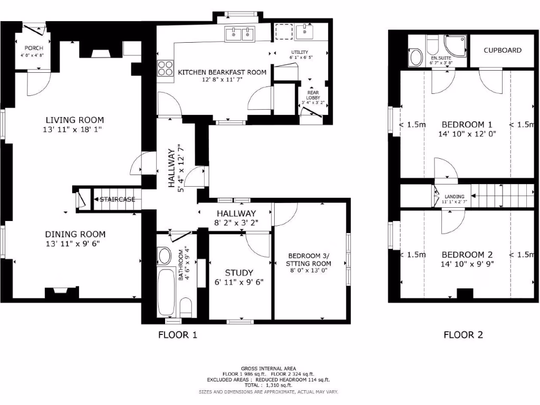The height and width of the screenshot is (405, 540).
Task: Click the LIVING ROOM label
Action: click(74, 120)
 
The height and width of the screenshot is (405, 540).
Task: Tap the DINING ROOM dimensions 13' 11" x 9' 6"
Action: click(72, 244)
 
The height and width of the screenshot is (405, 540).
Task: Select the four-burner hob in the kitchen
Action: click(165, 68)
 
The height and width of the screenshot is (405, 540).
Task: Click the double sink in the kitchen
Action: click(240, 34)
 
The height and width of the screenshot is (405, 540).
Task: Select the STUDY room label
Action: click(235, 273)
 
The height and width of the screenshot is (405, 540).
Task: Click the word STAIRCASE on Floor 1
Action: click(118, 199)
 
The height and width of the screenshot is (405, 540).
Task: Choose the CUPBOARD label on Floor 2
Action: click(503, 50)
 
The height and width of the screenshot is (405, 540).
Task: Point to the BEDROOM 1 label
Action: click(467, 124)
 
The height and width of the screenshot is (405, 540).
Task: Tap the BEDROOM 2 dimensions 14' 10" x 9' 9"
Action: click(467, 263)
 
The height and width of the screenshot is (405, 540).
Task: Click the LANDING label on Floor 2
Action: click(454, 196)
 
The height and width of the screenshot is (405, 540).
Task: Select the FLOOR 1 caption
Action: click(178, 334)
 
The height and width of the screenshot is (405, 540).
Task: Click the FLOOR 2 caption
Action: click(463, 334)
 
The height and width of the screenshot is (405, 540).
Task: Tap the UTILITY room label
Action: click(299, 52)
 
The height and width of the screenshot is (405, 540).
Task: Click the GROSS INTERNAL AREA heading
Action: click(268, 368)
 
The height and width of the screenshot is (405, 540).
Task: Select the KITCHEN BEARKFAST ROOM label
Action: click(222, 72)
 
